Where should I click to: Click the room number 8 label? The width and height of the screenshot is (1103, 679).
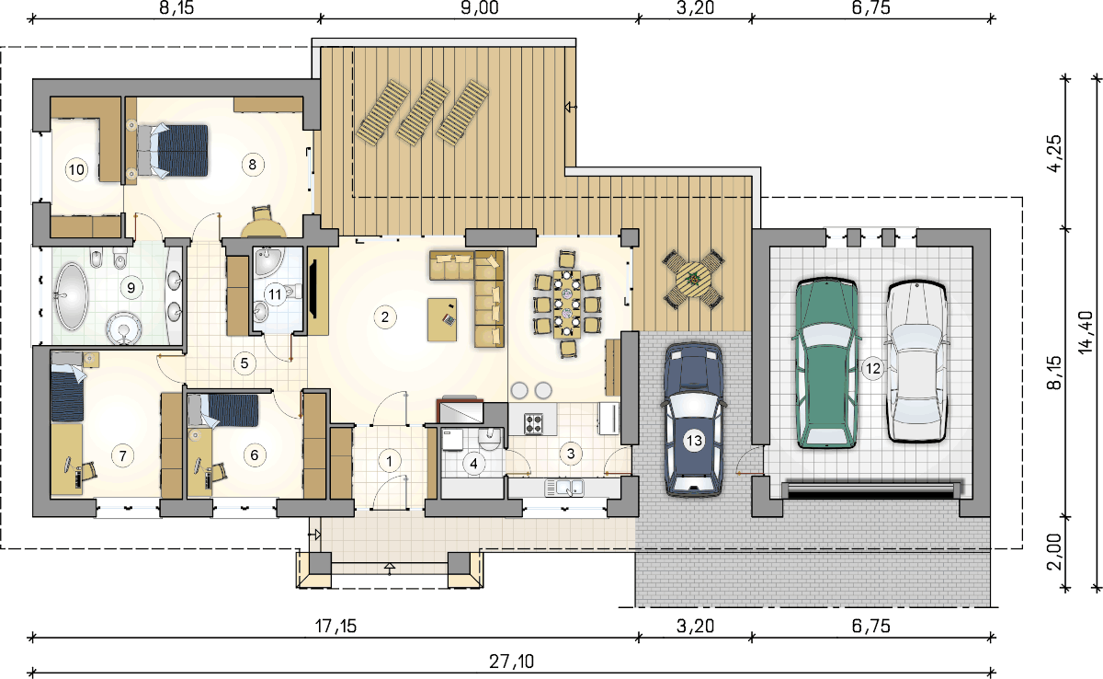[253, 164]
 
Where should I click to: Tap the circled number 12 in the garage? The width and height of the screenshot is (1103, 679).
[872, 368]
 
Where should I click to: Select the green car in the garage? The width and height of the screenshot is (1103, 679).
[826, 363]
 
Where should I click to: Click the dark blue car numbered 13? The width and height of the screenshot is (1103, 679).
[694, 419]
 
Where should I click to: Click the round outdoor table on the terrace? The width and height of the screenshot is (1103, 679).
[693, 280]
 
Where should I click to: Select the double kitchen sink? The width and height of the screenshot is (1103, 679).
[564, 488]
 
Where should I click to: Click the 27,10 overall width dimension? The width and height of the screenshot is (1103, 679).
[511, 662]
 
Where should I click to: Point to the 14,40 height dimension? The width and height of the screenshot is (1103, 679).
[1086, 331]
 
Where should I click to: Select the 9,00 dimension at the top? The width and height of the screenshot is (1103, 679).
[480, 8]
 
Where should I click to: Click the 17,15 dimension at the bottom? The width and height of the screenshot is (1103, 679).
[335, 627]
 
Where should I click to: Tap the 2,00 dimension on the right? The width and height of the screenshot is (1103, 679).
[1055, 552]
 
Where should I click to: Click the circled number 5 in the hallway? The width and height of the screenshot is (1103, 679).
[244, 363]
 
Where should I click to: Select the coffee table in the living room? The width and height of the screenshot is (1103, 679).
[442, 320]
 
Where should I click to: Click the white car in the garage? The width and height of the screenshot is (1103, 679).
[917, 362]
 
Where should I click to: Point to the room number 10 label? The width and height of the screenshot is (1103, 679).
[76, 169]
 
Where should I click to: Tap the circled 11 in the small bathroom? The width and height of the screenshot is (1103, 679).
[275, 294]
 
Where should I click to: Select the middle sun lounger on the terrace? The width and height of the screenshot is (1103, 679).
[423, 113]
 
